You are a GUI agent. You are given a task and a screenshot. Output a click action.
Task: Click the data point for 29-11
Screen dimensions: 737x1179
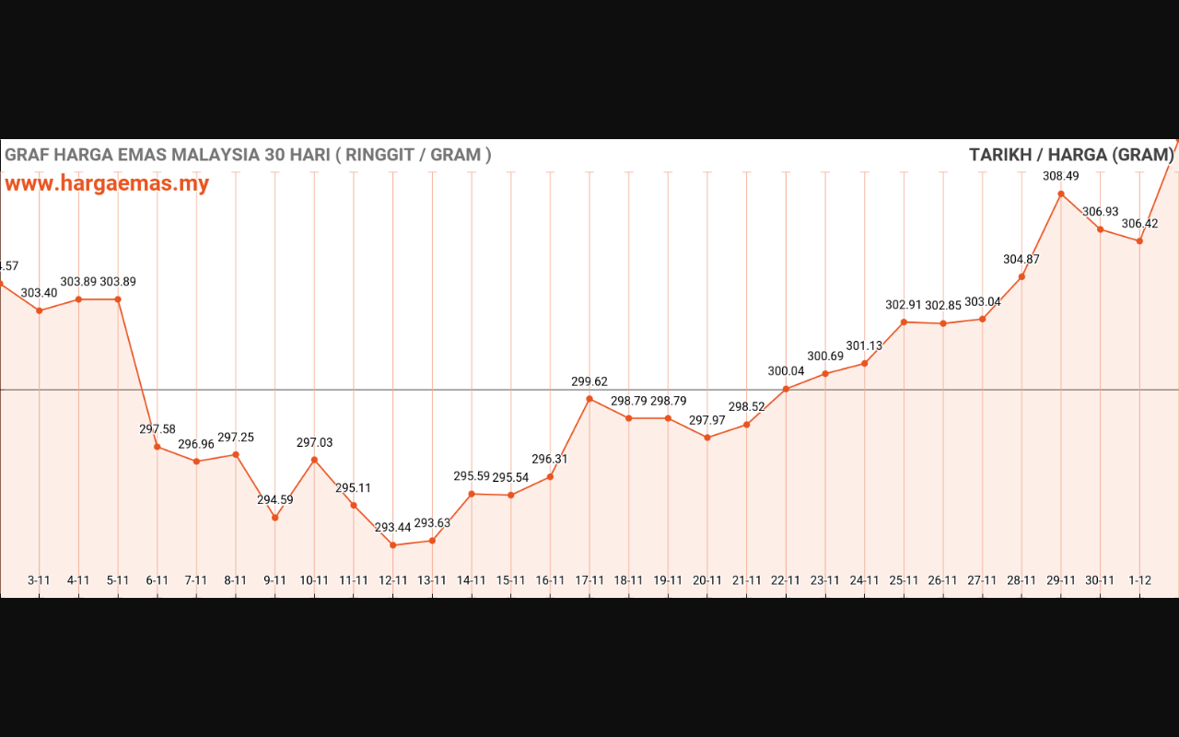tap(1061, 193)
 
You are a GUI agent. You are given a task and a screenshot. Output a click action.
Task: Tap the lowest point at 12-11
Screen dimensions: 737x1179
tap(393, 545)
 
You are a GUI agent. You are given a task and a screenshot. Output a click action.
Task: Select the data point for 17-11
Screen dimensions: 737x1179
tap(589, 399)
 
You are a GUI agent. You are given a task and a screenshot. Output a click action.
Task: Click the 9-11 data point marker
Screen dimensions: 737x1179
tap(274, 518)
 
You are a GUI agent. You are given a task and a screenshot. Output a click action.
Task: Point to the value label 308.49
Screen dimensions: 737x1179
tap(1061, 176)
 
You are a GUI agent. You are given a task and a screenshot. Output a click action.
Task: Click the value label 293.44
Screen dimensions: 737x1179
tap(393, 528)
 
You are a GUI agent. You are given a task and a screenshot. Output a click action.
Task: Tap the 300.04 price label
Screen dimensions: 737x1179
tap(786, 371)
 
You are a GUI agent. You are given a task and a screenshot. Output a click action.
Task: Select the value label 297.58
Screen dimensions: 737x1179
tap(158, 429)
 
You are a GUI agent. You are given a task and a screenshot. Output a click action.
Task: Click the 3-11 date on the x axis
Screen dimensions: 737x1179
tap(39, 580)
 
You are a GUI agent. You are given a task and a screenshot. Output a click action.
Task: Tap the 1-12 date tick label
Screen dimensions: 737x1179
tap(1139, 580)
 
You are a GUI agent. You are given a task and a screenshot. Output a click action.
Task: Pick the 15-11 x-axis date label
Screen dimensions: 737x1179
tap(511, 580)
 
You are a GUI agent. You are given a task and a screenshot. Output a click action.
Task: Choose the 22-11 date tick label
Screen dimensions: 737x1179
tap(786, 580)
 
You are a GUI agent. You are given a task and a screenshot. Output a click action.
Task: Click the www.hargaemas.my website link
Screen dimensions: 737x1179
tap(107, 183)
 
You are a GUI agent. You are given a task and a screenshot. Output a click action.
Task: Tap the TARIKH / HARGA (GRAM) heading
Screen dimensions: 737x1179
tap(1071, 155)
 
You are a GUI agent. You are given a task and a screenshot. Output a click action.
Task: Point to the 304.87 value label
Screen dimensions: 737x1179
tap(1021, 260)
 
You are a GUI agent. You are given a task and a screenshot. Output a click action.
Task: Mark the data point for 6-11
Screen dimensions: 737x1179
tap(158, 447)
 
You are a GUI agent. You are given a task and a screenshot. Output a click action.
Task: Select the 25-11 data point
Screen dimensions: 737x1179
tap(904, 322)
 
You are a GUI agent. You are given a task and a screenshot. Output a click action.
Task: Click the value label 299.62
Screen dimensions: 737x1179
tap(589, 381)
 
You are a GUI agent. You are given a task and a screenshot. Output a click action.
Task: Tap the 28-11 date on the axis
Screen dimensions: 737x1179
tap(1021, 580)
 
